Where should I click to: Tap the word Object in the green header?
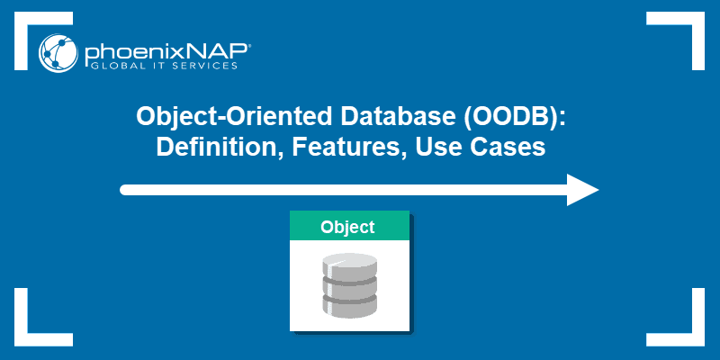348,227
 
